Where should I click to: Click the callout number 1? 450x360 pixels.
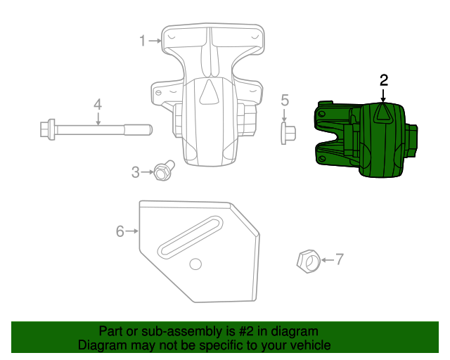(142, 41)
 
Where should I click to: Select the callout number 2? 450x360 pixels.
(383, 80)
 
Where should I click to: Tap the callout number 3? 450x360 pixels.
(136, 172)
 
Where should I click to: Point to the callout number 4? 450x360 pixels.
(98, 105)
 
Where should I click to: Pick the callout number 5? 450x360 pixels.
(285, 100)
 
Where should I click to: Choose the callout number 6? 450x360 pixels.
(120, 231)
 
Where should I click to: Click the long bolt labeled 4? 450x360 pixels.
(98, 129)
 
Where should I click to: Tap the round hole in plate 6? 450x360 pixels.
(195, 264)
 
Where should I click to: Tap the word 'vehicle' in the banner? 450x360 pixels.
(307, 345)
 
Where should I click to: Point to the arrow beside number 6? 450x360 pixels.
(132, 231)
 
